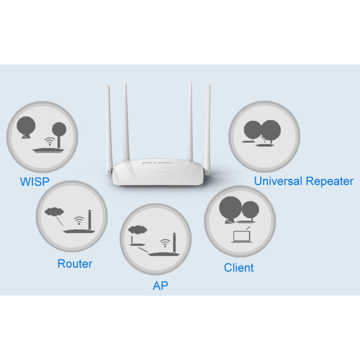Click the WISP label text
coord(35,182)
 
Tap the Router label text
coord(75,264)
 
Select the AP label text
coord(160,286)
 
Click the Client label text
coord(238,268)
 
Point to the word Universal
coord(278,181)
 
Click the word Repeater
coord(329,182)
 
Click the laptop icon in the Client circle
coord(241,235)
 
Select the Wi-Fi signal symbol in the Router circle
coord(79,220)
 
